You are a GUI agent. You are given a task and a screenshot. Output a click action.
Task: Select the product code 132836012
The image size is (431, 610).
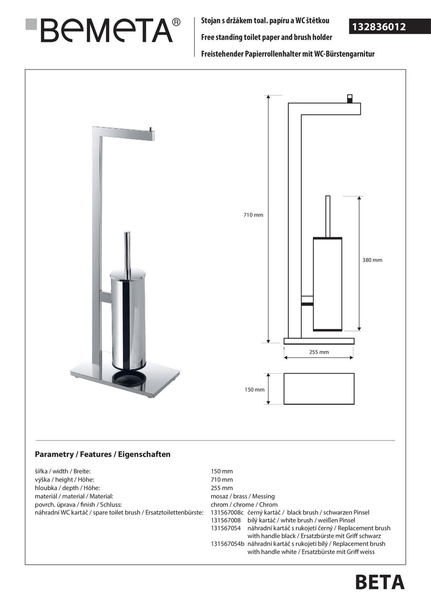(379, 27)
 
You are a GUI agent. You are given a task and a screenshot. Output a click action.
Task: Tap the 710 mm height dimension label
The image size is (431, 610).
(253, 215)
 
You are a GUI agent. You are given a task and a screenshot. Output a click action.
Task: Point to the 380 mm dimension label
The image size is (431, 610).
(372, 260)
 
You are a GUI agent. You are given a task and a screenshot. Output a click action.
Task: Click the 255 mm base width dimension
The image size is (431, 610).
(319, 353)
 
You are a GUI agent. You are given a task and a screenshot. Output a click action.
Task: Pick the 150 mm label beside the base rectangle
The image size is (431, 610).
(254, 390)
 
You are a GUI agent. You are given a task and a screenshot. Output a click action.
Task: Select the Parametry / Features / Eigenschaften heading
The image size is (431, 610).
(102, 455)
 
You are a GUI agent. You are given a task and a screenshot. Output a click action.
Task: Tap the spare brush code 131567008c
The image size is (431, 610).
(227, 512)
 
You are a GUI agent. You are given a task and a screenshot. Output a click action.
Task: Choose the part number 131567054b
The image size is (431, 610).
(227, 544)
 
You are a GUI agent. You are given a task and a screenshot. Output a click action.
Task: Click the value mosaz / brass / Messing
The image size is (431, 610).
(242, 496)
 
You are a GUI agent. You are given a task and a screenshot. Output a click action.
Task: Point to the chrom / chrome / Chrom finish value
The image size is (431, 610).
(244, 504)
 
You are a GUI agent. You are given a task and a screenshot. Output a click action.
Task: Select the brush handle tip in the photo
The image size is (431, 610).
(127, 234)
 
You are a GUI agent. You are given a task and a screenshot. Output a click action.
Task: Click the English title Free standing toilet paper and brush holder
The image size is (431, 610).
(266, 37)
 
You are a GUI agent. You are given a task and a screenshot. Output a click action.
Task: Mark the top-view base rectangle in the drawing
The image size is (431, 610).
(319, 389)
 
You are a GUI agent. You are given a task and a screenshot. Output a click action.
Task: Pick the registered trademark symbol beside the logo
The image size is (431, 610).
(176, 22)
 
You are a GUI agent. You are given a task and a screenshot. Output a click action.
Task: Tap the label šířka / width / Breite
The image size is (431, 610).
(63, 471)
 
